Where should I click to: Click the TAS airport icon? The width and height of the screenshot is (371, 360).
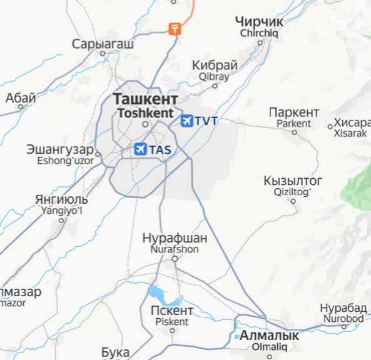click(x=140, y=149)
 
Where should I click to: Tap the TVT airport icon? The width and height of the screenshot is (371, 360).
click(x=186, y=121)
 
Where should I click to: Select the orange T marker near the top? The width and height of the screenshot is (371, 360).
click(x=175, y=28)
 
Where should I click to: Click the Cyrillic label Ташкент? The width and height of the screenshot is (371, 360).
click(x=145, y=99)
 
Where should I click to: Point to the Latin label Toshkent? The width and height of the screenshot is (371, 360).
click(x=145, y=113)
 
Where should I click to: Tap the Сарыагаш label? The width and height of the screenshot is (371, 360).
click(x=103, y=44)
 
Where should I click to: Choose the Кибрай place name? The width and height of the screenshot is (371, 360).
click(x=215, y=65)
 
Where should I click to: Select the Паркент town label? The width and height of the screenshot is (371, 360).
click(x=294, y=112)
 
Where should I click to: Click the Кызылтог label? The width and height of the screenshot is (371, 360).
click(x=293, y=181)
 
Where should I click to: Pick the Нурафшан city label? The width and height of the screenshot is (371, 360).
click(x=175, y=238)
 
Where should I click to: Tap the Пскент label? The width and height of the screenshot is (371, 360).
click(x=171, y=311)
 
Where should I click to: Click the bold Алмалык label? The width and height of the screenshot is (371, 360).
click(x=270, y=336)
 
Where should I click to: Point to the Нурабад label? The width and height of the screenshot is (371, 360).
click(x=343, y=308)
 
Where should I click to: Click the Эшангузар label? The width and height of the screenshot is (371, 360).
click(x=59, y=150)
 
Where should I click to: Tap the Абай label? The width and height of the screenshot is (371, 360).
click(x=21, y=97)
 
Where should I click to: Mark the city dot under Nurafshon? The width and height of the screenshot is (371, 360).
click(x=175, y=259)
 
